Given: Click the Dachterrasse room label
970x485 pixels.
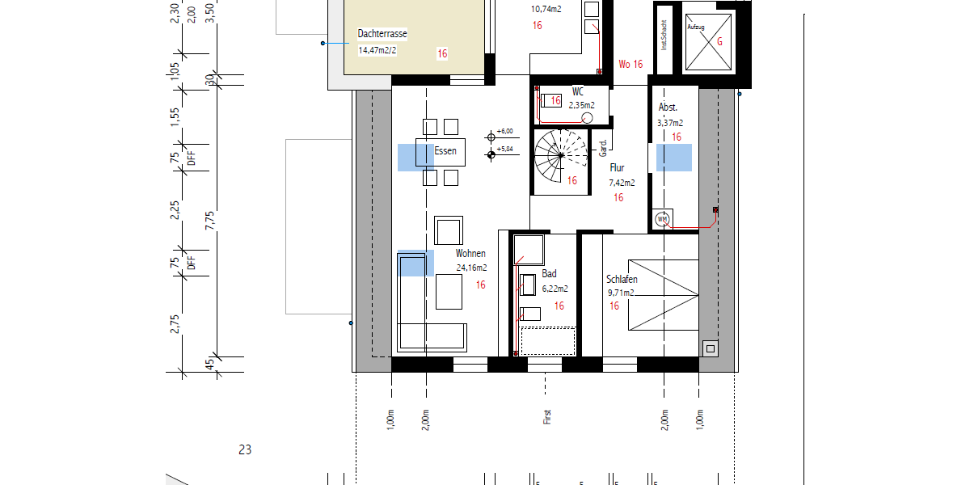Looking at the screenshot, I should click(x=382, y=35).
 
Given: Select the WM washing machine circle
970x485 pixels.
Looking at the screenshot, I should click(x=663, y=219).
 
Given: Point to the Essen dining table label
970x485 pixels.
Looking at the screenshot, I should click(x=445, y=151).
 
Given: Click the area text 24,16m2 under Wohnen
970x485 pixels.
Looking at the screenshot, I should click(x=472, y=268).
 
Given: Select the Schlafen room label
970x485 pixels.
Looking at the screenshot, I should click(x=622, y=280).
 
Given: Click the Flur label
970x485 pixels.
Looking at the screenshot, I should click(x=618, y=168).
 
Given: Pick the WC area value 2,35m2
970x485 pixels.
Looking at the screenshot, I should click(x=581, y=105).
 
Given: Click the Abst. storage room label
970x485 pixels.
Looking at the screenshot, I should click(x=668, y=108).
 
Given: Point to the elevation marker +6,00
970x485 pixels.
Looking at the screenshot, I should click(x=505, y=131).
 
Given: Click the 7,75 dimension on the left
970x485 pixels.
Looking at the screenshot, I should click(x=209, y=221).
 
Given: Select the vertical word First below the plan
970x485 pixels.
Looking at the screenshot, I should click(x=547, y=417).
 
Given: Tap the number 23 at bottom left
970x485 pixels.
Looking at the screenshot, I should click(x=245, y=449).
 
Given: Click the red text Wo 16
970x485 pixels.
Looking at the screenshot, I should click(x=630, y=64).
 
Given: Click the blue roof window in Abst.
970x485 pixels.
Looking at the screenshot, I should click(x=673, y=158).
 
